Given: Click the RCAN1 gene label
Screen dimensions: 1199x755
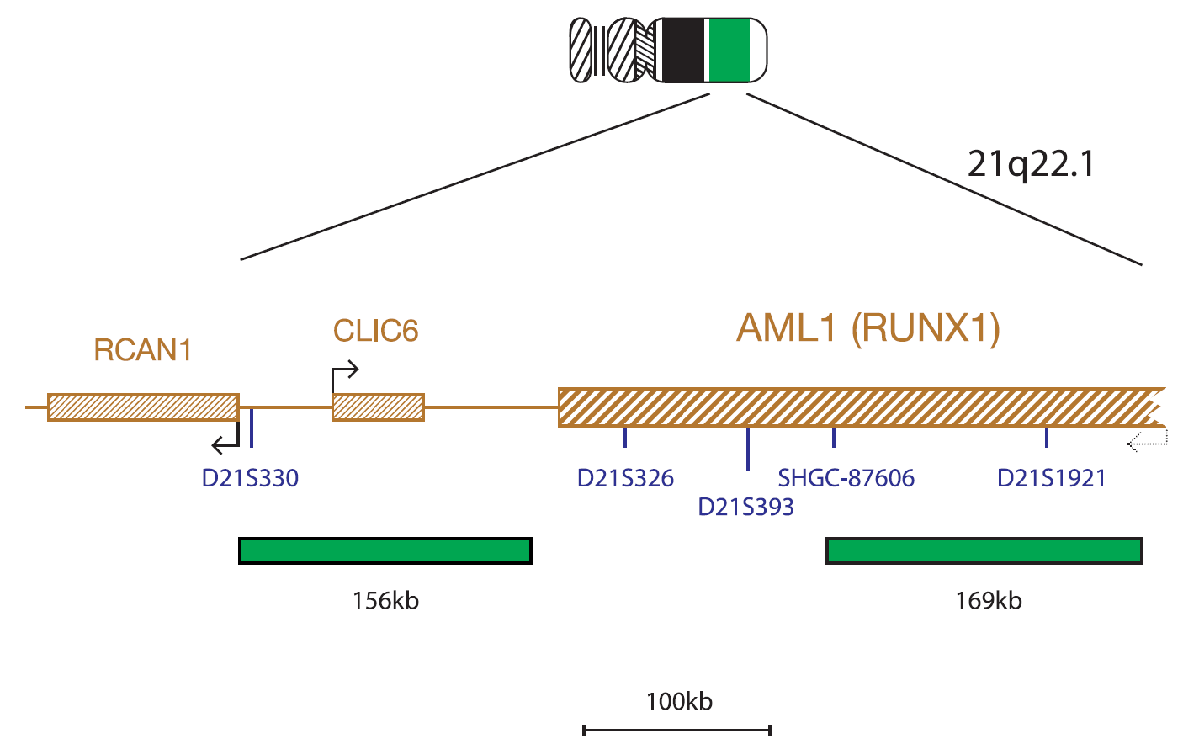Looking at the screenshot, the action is (143, 350).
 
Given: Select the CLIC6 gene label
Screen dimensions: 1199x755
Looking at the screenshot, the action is (376, 331).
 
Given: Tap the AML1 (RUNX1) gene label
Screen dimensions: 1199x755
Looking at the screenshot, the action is (868, 328).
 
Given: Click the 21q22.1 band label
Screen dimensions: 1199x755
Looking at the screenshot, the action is (1031, 164).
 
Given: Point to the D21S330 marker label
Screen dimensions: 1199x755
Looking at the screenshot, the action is (250, 478).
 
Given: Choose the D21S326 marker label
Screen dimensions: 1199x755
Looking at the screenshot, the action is (625, 478).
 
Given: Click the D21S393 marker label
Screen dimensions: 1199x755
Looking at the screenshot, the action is (745, 507).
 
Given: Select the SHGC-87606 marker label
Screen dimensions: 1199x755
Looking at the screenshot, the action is (846, 478).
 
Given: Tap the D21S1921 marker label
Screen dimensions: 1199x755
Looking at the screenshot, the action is (1051, 478).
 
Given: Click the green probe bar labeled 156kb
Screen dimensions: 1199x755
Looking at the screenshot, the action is (385, 551).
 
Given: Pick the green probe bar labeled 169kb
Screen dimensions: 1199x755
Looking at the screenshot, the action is (984, 551).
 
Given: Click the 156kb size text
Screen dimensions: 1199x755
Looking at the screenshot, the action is (385, 601).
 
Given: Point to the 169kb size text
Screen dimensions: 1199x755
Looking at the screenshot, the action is (989, 601).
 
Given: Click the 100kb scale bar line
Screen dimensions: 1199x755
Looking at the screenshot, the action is (677, 731).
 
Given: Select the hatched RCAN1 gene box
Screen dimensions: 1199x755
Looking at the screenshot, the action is (143, 407).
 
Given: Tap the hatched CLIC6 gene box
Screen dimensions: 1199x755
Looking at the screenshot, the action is (379, 407).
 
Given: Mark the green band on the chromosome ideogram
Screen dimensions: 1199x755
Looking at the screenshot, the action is (729, 51).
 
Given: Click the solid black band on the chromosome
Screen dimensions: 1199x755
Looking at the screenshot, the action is (683, 51).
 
